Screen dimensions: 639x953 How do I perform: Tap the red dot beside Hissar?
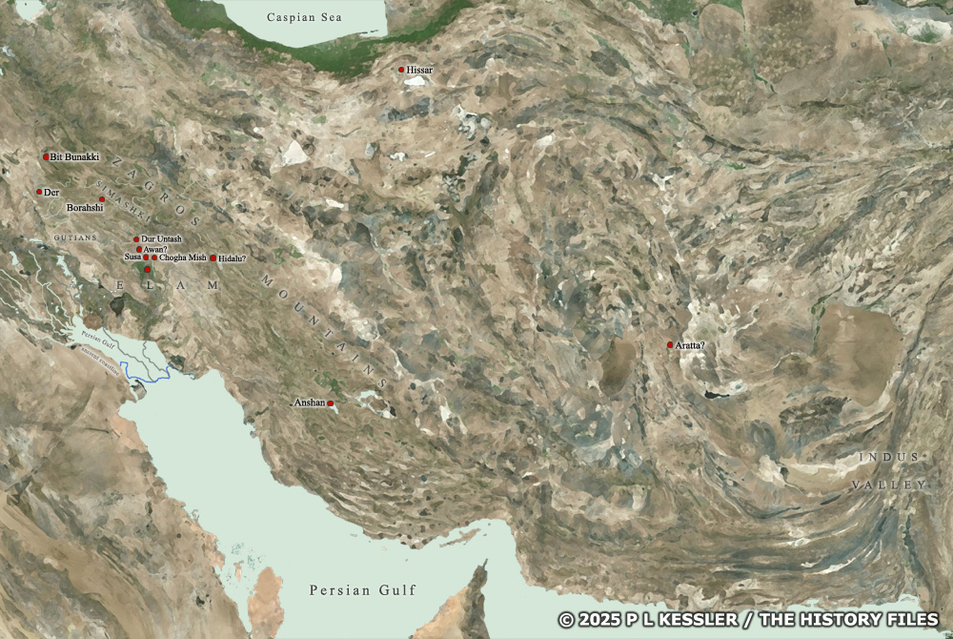pyautogui.click(x=401, y=70)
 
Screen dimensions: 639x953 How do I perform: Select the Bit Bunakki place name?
pyautogui.click(x=74, y=156)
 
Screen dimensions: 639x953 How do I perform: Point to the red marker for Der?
pyautogui.click(x=39, y=192)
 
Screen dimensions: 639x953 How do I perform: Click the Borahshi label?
pyautogui.click(x=85, y=207)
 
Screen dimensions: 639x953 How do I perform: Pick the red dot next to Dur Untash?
pyautogui.click(x=136, y=239)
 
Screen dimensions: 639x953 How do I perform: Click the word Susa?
pyautogui.click(x=132, y=258)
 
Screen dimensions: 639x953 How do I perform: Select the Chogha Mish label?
pyautogui.click(x=183, y=258)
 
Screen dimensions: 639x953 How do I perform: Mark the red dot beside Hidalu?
pyautogui.click(x=213, y=258)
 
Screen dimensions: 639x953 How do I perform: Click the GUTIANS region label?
pyautogui.click(x=75, y=237)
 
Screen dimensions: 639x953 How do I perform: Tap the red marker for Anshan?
pyautogui.click(x=331, y=404)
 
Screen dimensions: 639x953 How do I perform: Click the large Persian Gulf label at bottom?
pyautogui.click(x=362, y=590)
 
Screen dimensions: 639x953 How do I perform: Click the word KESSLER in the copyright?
pyautogui.click(x=680, y=620)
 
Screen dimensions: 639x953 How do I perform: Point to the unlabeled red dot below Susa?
pyautogui.click(x=147, y=270)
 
